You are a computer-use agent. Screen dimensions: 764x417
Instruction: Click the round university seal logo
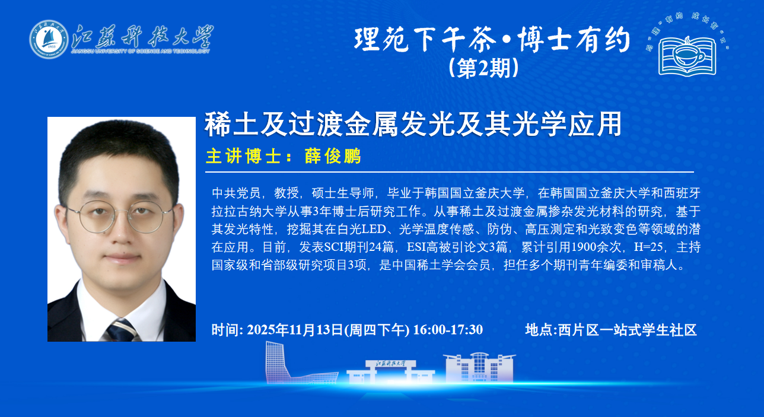tap(49, 39)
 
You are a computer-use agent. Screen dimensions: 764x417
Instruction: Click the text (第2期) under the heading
tap(483, 68)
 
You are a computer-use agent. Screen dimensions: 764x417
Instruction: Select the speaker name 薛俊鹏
tap(333, 157)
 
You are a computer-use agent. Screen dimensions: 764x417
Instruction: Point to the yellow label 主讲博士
tap(243, 157)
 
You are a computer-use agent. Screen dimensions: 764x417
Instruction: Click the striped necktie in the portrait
tap(122, 330)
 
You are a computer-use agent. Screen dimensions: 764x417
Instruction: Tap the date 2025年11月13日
tap(295, 330)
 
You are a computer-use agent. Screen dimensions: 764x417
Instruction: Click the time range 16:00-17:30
tap(448, 330)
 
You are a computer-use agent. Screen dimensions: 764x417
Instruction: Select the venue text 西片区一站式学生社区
tap(627, 330)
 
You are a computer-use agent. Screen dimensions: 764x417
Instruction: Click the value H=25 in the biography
tap(648, 247)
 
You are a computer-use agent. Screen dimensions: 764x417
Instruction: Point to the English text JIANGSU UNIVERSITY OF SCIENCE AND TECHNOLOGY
tap(141, 52)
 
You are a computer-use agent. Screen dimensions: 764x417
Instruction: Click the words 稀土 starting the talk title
tap(231, 124)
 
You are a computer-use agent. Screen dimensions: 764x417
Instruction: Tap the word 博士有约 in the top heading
tap(574, 40)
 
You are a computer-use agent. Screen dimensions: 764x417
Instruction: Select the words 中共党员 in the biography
tap(236, 193)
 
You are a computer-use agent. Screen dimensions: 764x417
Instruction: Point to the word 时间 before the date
tap(225, 330)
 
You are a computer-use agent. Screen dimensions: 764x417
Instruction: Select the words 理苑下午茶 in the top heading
tap(425, 40)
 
